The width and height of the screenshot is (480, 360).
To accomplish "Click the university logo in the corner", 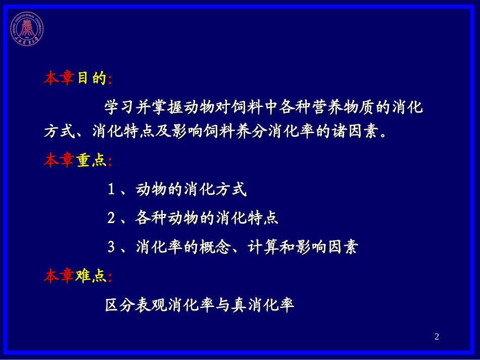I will [27, 27].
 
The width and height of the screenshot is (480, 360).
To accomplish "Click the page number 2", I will [437, 337].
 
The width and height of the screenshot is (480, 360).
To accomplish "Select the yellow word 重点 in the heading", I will [91, 161].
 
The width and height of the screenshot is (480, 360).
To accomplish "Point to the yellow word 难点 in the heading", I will [91, 276].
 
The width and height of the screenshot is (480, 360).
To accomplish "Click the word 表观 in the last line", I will [151, 305].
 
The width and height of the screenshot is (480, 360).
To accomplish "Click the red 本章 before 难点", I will [59, 276].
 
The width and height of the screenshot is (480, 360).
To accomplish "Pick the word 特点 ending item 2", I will [263, 219].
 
